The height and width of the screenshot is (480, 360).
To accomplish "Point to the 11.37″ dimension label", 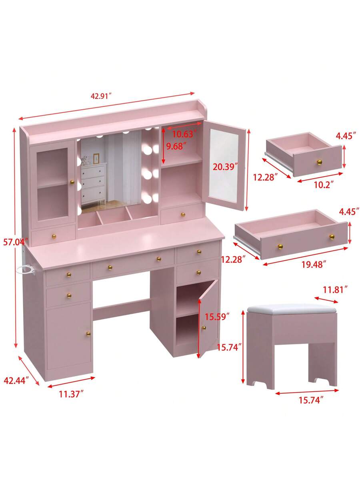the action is point(71,394).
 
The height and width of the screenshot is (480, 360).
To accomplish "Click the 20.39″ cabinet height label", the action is point(226,167).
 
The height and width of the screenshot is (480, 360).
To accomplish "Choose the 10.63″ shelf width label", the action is point(184,134).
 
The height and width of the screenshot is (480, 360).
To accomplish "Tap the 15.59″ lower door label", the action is point(217,317).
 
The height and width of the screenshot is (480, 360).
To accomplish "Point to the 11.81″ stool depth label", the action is point(335,289).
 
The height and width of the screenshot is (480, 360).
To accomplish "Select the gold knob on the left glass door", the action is point(72,183).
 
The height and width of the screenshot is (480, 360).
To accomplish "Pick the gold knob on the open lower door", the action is point(203,328).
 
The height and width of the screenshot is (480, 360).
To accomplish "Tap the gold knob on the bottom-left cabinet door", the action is point(88,333).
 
